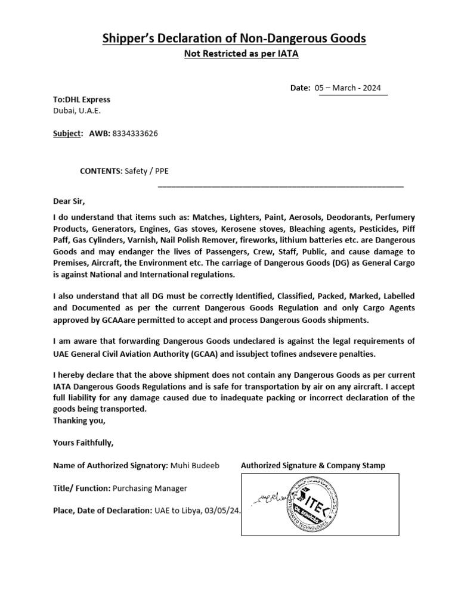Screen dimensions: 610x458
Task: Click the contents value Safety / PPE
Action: pyautogui.click(x=147, y=171)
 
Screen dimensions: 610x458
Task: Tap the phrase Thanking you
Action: pyautogui.click(x=79, y=421)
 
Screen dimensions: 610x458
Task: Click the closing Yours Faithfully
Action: pyautogui.click(x=83, y=443)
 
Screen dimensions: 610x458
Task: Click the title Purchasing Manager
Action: pyautogui.click(x=150, y=488)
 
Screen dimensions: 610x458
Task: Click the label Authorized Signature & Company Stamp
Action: pyautogui.click(x=312, y=465)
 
